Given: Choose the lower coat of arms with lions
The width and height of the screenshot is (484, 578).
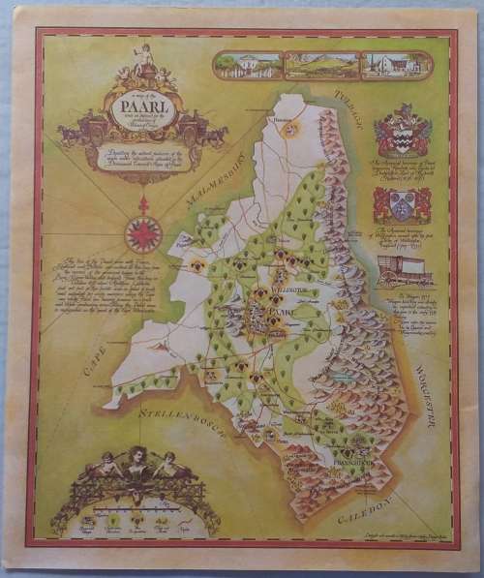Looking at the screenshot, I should (x=395, y=206).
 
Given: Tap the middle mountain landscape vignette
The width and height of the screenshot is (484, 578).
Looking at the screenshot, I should (x=320, y=65).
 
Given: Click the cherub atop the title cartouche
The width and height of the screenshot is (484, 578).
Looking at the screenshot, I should (x=145, y=57).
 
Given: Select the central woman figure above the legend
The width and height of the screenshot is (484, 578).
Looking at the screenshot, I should (x=136, y=463).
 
